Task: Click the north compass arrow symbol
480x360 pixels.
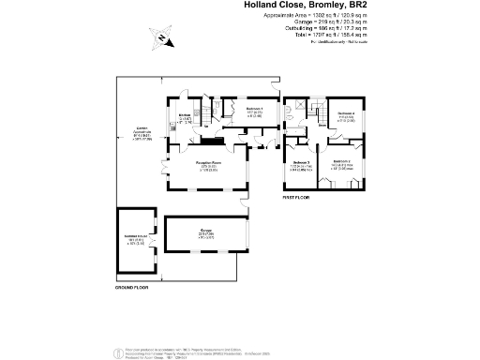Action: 161,38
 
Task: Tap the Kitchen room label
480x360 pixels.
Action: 186,116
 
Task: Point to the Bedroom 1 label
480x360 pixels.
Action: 255,110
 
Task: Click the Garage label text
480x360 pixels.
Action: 204,230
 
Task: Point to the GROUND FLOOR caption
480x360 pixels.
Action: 131,287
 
